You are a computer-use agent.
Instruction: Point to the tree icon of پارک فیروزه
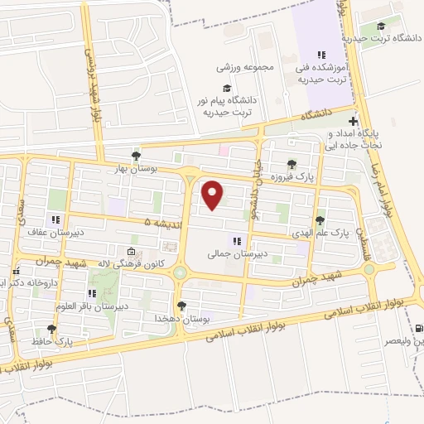click(x=291, y=163)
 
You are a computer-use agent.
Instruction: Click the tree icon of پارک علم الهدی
click(x=320, y=220)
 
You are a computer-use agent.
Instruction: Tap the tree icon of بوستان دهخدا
click(x=181, y=306)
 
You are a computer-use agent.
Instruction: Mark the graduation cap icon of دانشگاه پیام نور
click(x=224, y=89)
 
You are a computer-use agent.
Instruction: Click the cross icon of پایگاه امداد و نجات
click(x=354, y=121)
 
